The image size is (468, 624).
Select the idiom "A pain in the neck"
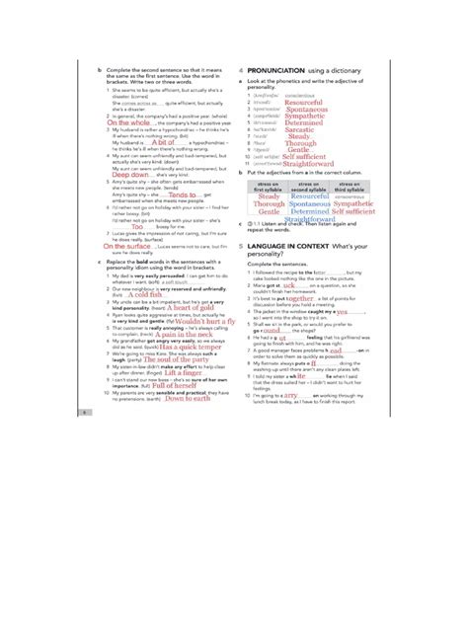[x=178, y=335]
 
